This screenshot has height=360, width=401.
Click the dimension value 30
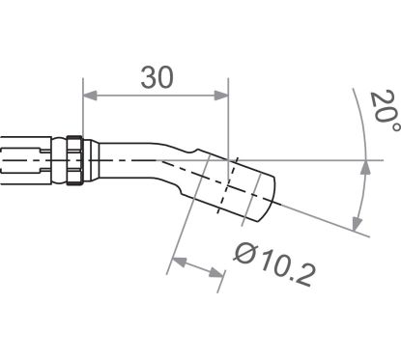(157, 78)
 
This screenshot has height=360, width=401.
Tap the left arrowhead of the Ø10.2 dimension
(177, 260)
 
